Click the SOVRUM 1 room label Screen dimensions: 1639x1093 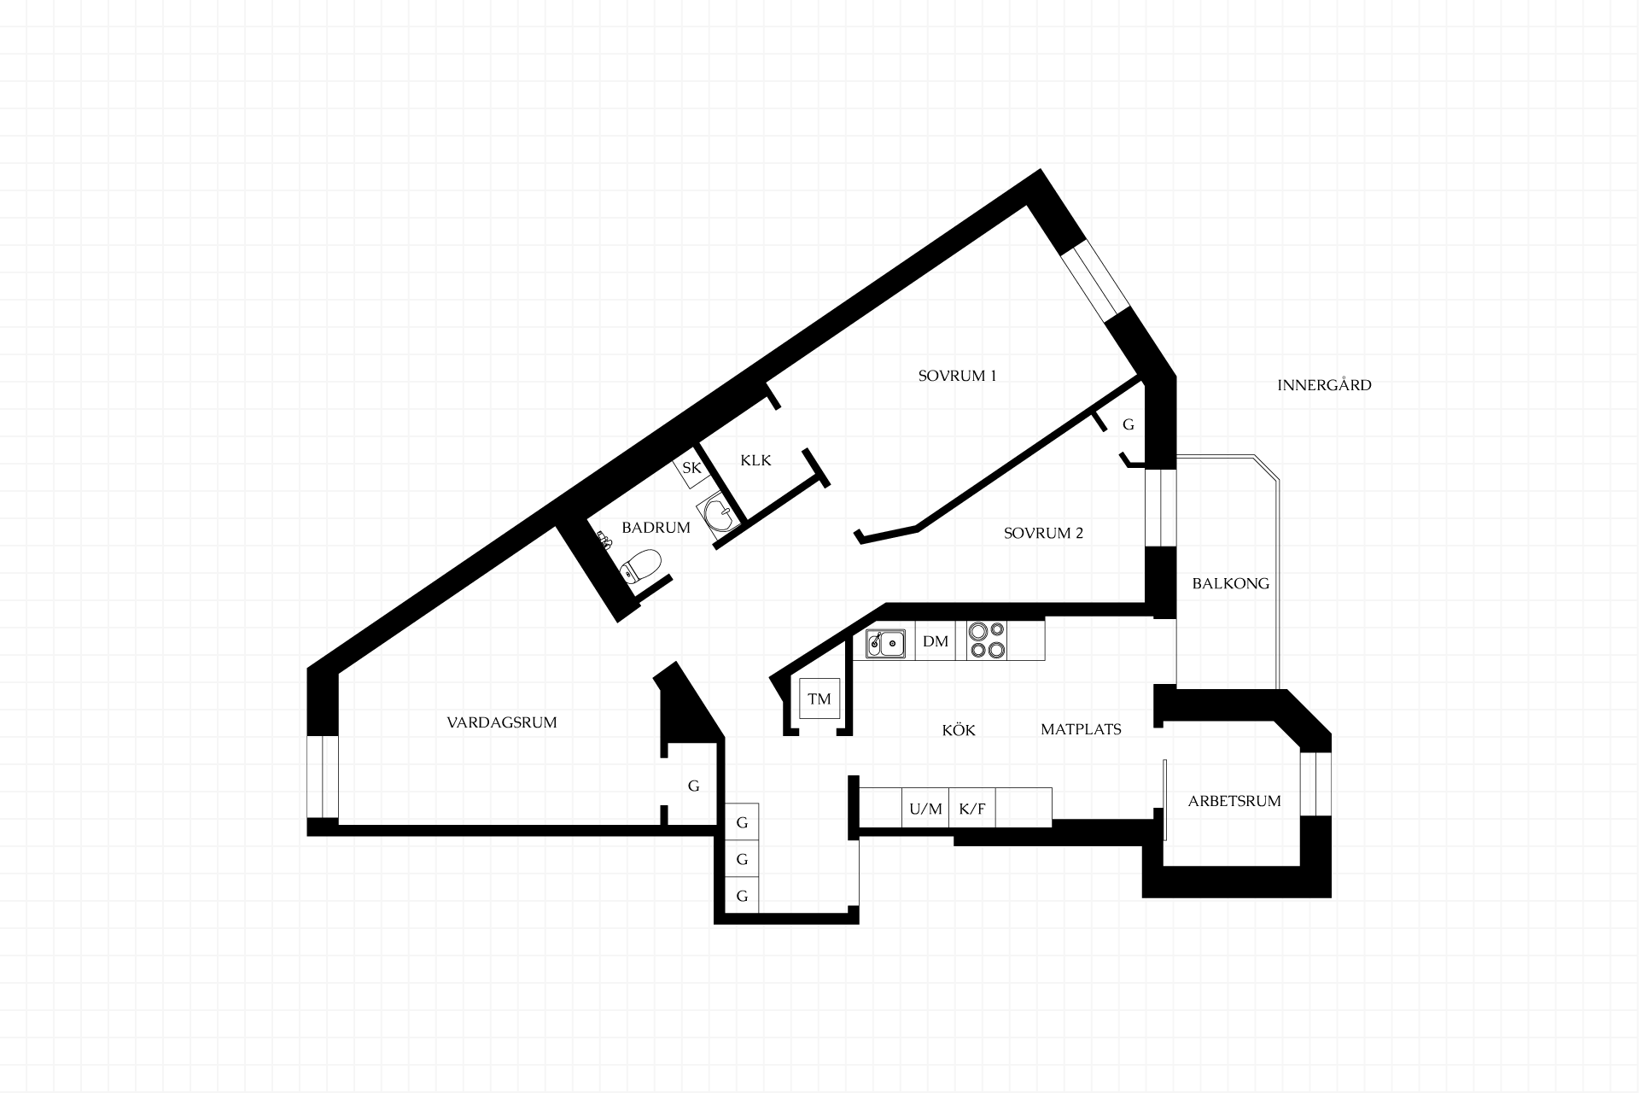point(957,376)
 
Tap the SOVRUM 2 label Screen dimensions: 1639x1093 point(1043,534)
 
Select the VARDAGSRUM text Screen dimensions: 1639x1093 point(502,722)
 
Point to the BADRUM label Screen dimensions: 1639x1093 point(656,528)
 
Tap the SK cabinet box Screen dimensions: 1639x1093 point(691,468)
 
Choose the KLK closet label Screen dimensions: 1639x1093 point(755,461)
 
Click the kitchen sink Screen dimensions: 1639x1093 point(885,643)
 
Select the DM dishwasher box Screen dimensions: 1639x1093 point(936,641)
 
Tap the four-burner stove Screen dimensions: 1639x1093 point(987,640)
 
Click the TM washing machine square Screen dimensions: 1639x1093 point(819,699)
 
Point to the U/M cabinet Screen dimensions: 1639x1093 point(925,808)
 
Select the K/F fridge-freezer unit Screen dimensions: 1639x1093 point(972,808)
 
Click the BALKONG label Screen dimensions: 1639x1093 point(1230,584)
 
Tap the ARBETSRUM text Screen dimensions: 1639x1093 point(1234,802)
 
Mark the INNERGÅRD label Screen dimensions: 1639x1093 point(1324,385)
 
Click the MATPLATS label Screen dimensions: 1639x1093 point(1081,729)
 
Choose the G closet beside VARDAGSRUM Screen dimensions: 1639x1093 point(694,786)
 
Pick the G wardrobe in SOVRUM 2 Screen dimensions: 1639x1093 point(1129,424)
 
